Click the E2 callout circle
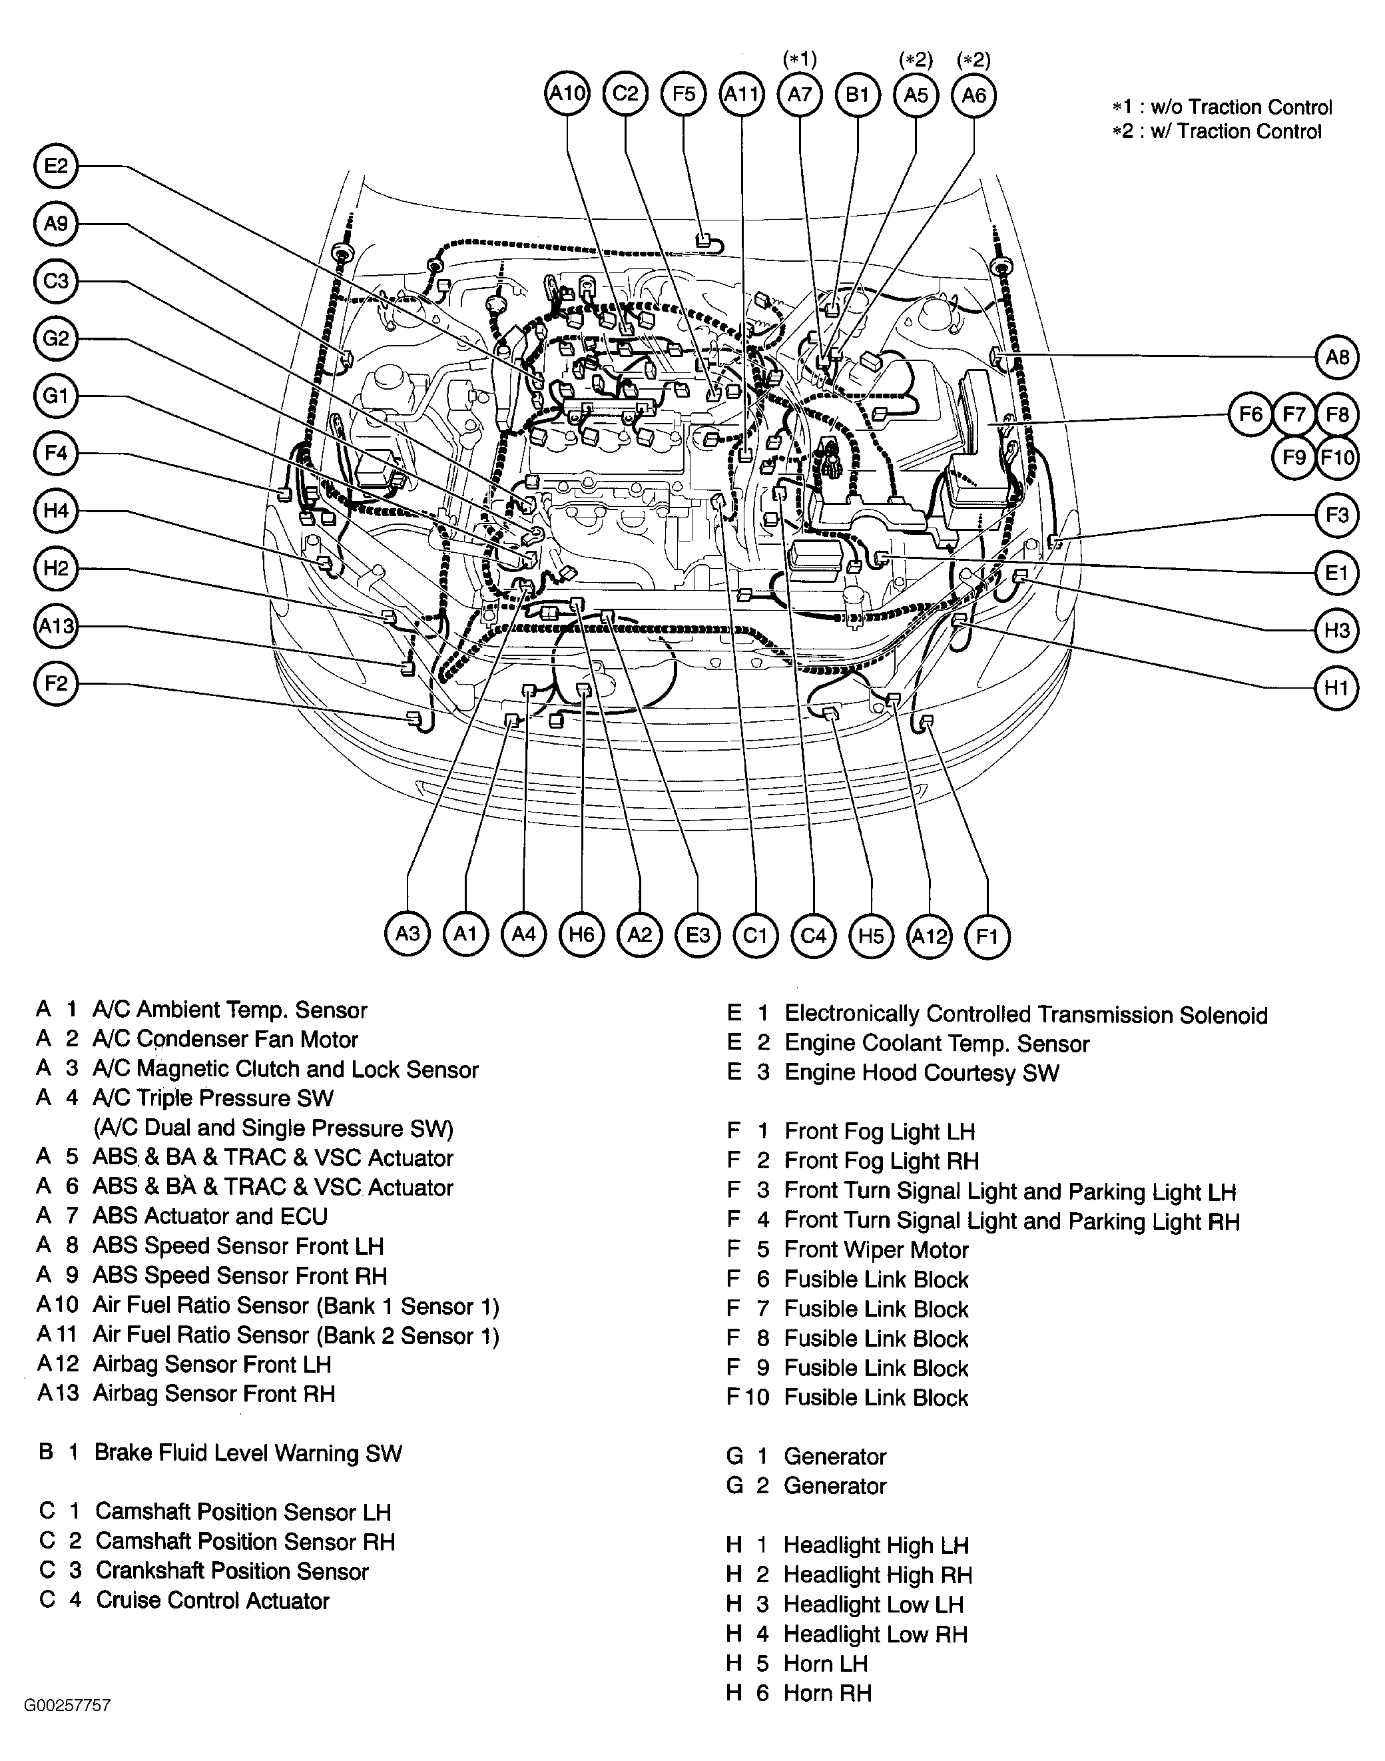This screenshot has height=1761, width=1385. [x=56, y=167]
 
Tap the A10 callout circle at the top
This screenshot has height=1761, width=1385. [x=567, y=94]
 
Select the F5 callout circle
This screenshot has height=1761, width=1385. [x=684, y=94]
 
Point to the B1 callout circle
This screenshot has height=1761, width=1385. [x=858, y=95]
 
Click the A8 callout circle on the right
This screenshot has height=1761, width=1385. [x=1336, y=357]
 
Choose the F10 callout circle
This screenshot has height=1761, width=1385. [x=1337, y=458]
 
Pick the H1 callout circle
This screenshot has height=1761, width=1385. [x=1336, y=689]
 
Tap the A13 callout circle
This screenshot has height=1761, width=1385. [x=56, y=626]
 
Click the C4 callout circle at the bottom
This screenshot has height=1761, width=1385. [x=812, y=935]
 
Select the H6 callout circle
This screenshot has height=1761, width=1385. [x=581, y=934]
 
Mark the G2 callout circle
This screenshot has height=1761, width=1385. [x=56, y=338]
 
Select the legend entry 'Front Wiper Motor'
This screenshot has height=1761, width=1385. [x=876, y=1250]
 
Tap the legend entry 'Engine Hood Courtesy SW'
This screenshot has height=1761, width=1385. [x=921, y=1073]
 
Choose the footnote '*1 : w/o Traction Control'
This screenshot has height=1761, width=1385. [x=1221, y=107]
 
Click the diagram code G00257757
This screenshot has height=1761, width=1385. [x=67, y=1705]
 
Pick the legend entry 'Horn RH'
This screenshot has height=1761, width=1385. [x=827, y=1693]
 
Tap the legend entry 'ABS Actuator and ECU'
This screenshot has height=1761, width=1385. [x=210, y=1217]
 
